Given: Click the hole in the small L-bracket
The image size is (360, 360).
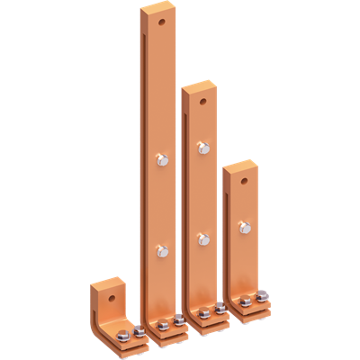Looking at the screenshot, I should pos(112,293).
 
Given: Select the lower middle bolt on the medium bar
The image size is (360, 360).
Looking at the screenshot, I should pos(202,238).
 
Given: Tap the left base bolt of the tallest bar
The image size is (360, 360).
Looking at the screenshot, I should pos(162,327).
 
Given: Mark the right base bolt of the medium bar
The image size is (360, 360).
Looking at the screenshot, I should pos(220,311).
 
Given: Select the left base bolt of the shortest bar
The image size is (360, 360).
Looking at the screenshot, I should pos(246,300).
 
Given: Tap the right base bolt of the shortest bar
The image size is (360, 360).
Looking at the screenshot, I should pos(262,298).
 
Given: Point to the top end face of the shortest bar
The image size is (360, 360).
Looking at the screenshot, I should pos(241,165).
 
